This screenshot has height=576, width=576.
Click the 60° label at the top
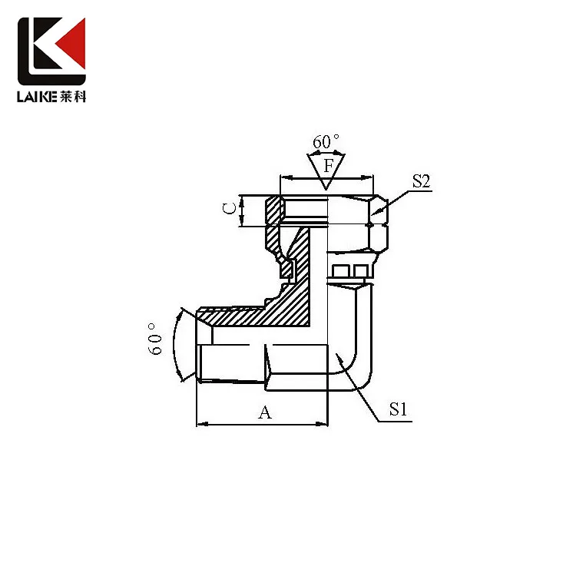click(326, 142)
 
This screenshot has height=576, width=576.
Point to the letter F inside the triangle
click(328, 165)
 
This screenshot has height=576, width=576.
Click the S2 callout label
click(420, 182)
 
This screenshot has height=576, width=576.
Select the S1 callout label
click(397, 410)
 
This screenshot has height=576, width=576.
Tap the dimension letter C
click(227, 210)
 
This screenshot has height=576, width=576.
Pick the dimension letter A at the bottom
click(264, 413)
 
